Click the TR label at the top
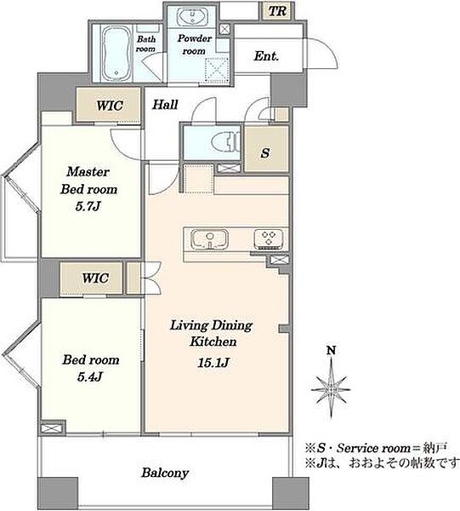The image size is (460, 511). click(x=277, y=11)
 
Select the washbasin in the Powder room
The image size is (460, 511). click(x=192, y=16)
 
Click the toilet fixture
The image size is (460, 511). click(x=225, y=142)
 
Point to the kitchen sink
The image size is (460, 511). click(x=209, y=239)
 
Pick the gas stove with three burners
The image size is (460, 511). click(x=269, y=238)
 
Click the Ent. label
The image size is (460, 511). click(x=266, y=56)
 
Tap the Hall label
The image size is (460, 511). click(x=166, y=105)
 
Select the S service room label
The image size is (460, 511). click(x=265, y=152)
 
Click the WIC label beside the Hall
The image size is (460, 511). click(x=110, y=106)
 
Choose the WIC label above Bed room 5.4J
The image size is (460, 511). click(x=95, y=278)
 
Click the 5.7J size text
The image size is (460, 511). click(x=88, y=206)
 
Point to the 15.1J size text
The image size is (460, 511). click(x=213, y=362)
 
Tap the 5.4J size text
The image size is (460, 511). click(x=90, y=376)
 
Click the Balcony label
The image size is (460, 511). click(x=165, y=473)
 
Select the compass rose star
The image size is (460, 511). click(x=331, y=388)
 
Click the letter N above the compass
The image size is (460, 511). click(x=331, y=351)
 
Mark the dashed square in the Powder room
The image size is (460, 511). click(x=218, y=70)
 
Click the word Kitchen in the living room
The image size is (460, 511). click(x=213, y=342)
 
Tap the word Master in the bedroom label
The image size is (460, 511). click(x=88, y=172)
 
